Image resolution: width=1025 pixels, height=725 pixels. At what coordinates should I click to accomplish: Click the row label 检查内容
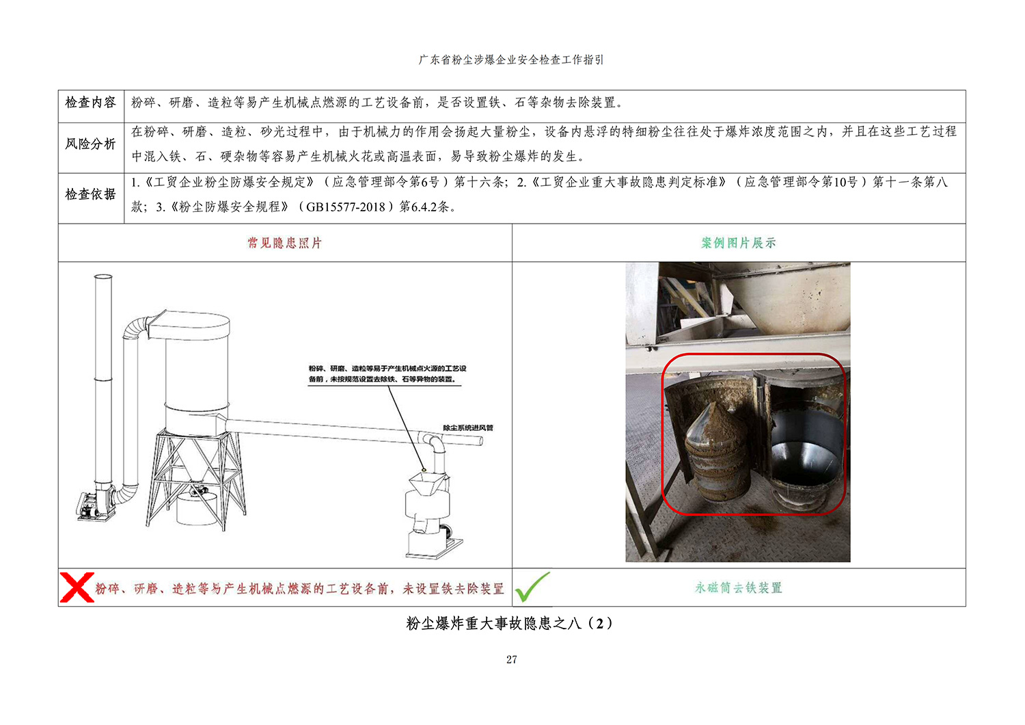91,103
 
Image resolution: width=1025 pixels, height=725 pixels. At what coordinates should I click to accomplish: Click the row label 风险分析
91,144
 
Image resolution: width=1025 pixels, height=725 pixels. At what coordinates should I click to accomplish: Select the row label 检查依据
91,195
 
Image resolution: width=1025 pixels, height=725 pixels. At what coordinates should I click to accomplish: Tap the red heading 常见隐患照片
285,243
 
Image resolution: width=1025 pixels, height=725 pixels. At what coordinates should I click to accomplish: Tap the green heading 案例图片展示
739,243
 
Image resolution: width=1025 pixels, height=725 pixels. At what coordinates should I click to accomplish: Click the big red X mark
77,587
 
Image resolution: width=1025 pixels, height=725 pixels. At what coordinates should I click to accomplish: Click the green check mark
532,587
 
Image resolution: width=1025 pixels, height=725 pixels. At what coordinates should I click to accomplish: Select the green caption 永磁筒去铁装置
739,588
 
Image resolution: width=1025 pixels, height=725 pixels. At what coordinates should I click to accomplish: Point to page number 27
512,659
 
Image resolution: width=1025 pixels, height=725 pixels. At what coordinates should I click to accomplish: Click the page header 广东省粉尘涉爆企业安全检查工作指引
511,60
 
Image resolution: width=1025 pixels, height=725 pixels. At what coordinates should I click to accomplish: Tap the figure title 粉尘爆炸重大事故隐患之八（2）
510,623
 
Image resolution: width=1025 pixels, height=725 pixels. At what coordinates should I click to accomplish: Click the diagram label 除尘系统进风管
467,427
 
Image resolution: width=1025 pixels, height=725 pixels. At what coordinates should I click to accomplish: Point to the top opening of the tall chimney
103,276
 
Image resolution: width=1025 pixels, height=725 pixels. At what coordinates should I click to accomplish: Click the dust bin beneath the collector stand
196,507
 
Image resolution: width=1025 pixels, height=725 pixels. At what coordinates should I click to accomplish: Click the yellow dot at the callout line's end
424,469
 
